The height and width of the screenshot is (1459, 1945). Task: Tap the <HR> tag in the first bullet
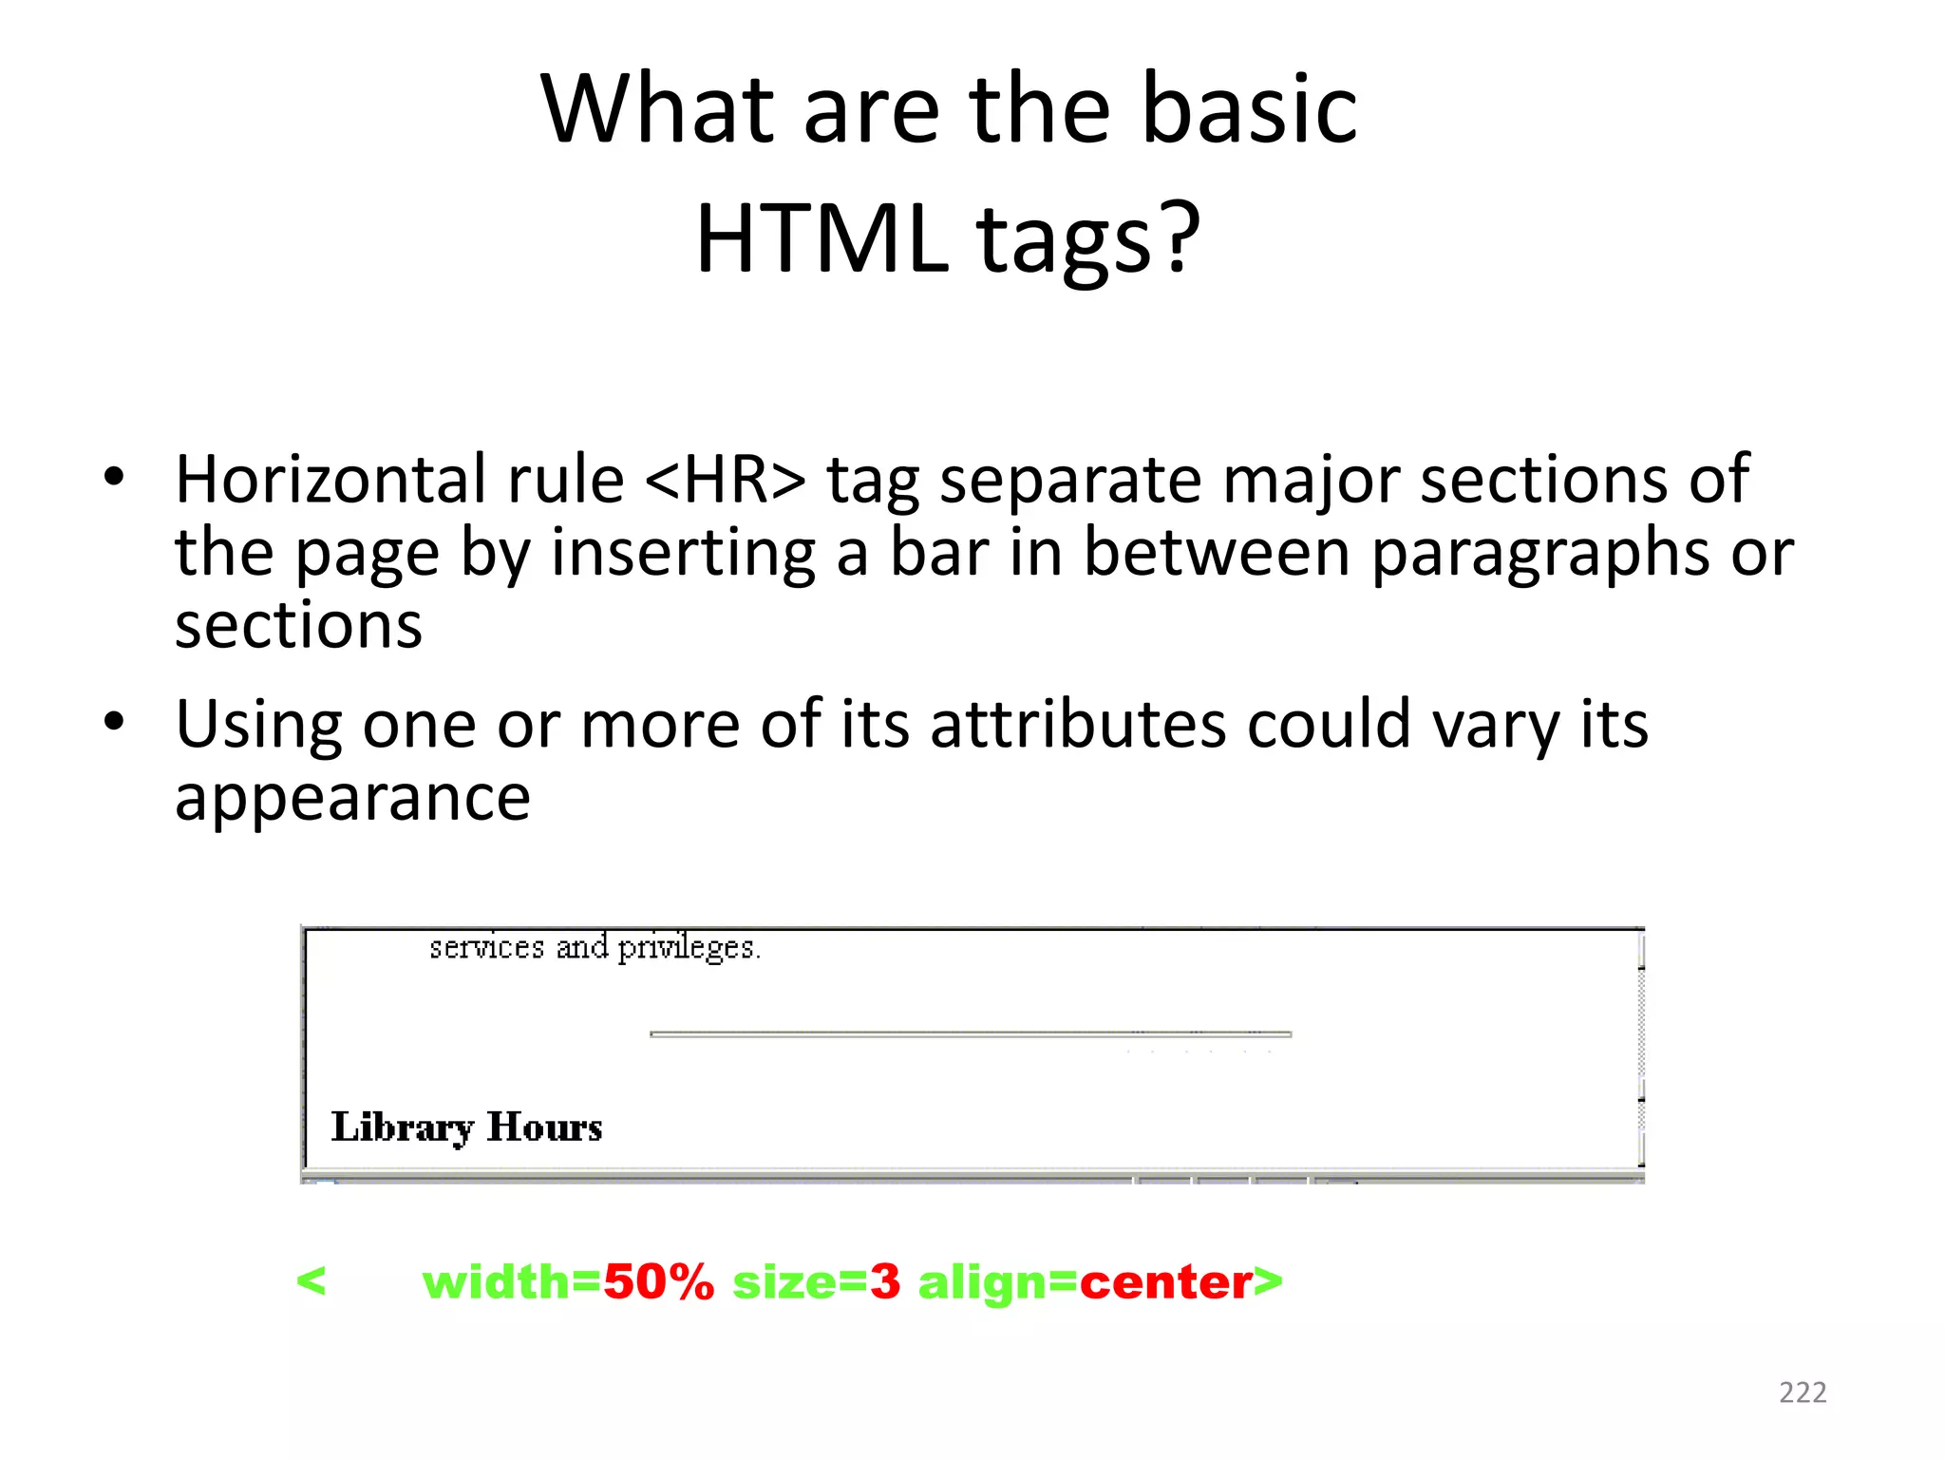(725, 480)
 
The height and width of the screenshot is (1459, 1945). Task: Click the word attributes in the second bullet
(1078, 725)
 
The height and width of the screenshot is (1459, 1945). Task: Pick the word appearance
(352, 798)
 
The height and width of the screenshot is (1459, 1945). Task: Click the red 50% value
(658, 1282)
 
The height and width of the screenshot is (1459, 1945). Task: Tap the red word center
(1165, 1282)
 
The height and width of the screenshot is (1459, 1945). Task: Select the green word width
(496, 1282)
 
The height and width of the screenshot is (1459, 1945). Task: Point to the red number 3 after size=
(884, 1282)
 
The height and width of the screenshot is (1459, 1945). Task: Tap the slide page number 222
(1803, 1393)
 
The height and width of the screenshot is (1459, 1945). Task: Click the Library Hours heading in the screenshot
(466, 1127)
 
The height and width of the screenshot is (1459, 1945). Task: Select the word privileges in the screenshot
(688, 948)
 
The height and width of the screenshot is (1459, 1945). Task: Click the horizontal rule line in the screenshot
(970, 1033)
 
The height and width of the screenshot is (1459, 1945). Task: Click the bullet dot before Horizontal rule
(114, 477)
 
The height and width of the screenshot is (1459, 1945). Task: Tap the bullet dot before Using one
(114, 722)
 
